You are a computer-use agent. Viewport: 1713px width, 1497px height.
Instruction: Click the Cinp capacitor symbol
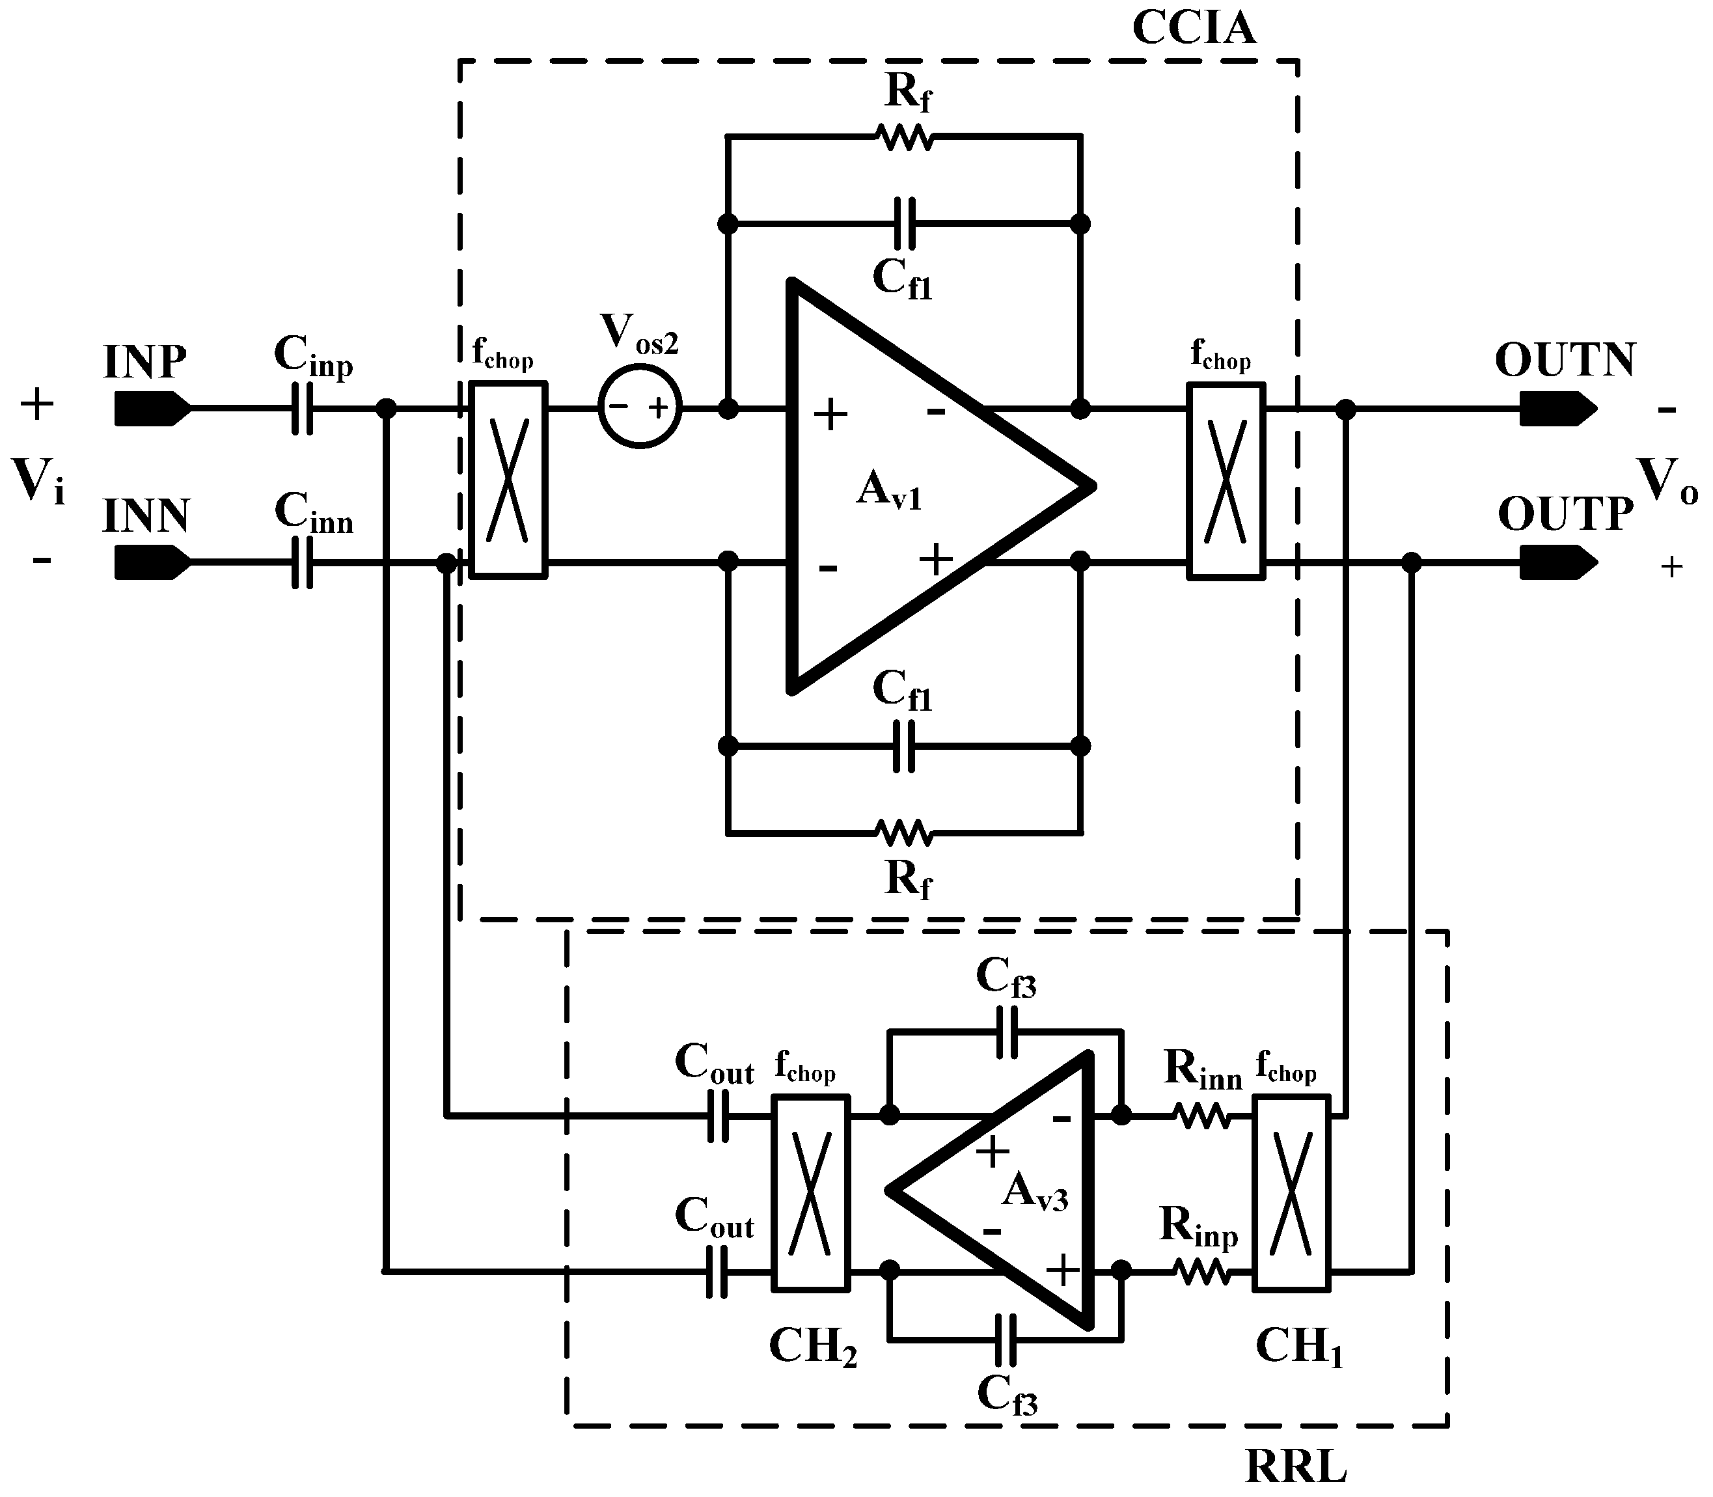(303, 409)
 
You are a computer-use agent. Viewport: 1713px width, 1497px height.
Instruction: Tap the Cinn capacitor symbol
(303, 562)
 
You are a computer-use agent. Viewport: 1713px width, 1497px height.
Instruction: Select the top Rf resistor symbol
(905, 136)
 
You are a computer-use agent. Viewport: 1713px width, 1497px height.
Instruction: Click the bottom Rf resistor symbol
(905, 832)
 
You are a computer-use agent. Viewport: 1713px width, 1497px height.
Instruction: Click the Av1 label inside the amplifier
(888, 490)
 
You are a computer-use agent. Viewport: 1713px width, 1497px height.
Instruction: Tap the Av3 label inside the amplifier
(1034, 1192)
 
